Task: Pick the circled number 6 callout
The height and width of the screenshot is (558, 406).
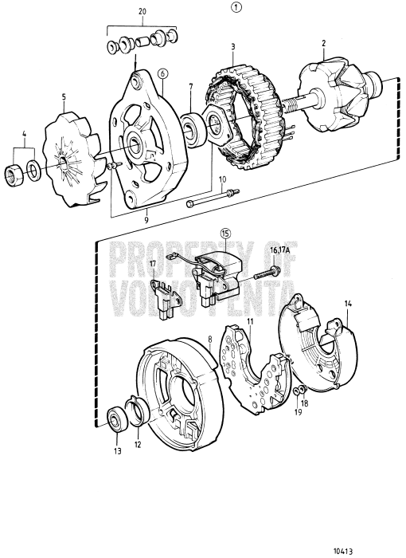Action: point(162,73)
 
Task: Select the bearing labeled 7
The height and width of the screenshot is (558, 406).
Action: point(191,126)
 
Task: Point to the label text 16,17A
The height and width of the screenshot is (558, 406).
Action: point(279,250)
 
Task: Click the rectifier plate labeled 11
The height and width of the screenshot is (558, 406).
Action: point(259,363)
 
